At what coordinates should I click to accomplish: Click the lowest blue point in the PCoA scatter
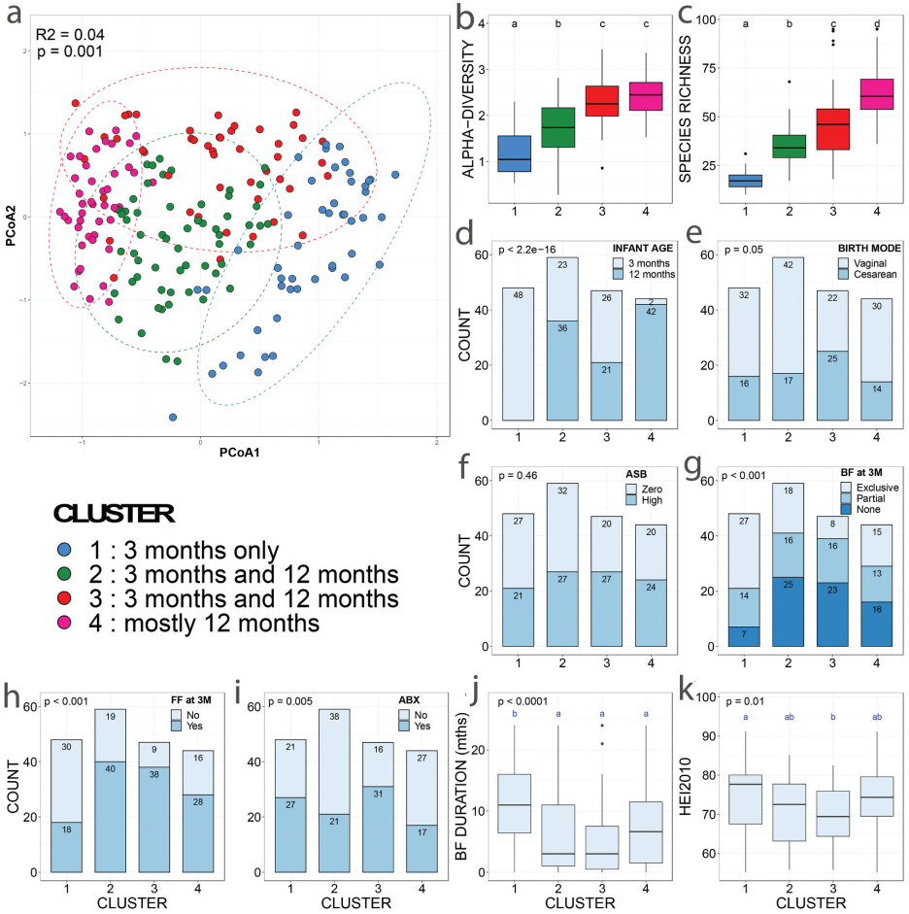point(173,418)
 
